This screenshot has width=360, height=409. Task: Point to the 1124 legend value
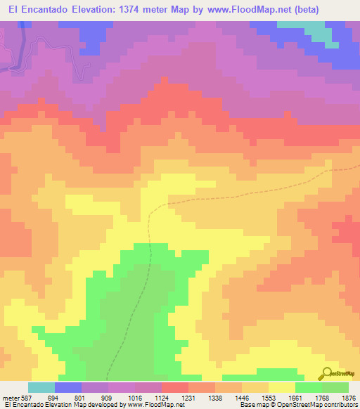coord(162,397)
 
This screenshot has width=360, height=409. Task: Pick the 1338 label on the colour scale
coord(215,397)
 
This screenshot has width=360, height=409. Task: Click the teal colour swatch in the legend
coord(41,387)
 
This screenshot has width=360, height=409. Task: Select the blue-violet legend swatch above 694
coord(68,387)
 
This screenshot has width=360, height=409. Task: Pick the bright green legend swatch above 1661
coord(309,387)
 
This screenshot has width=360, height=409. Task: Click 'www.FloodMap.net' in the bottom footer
coord(150,405)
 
